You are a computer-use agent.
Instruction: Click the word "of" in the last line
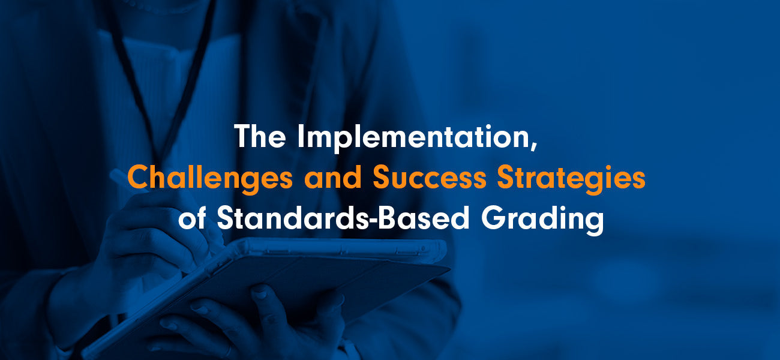click(x=193, y=218)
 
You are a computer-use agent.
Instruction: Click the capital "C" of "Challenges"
click(x=139, y=178)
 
